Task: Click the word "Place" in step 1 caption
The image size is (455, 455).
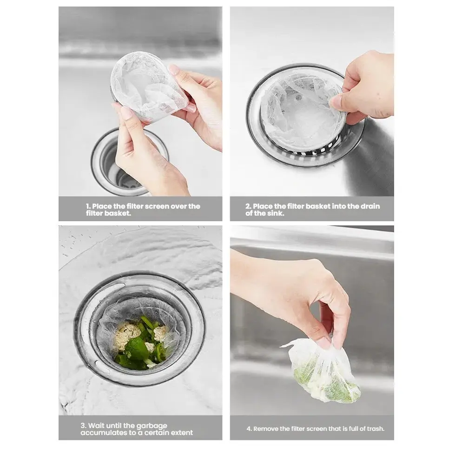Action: (102, 206)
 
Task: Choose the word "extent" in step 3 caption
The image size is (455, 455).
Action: (181, 433)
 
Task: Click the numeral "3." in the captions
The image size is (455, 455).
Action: (84, 426)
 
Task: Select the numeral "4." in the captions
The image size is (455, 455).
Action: (249, 429)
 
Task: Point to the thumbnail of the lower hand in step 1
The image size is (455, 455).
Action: (126, 112)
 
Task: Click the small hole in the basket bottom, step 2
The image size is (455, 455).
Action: (298, 98)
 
